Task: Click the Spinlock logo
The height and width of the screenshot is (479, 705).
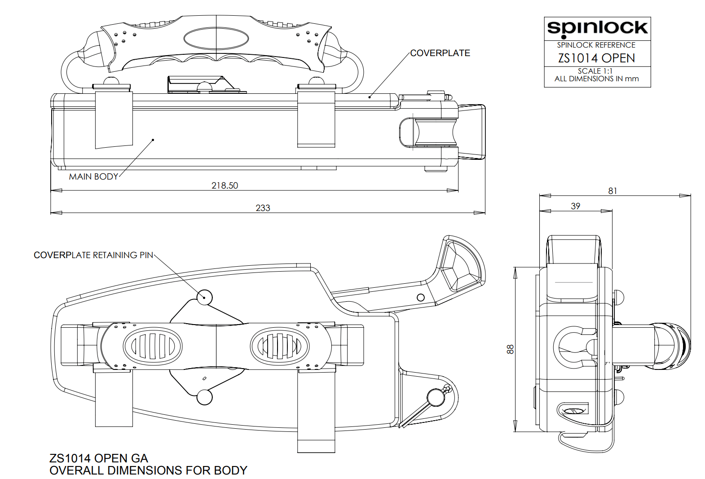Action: [x=597, y=28]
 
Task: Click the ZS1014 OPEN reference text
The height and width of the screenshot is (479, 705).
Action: [x=596, y=58]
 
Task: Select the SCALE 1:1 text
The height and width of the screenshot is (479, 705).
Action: [x=595, y=71]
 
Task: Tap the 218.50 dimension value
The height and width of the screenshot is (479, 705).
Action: [x=225, y=185]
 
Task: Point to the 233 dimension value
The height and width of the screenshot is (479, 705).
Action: [x=263, y=208]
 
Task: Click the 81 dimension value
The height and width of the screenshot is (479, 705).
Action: [x=612, y=191]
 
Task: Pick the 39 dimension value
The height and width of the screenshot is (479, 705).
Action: [x=575, y=206]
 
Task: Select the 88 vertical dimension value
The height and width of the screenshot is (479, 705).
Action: [x=510, y=349]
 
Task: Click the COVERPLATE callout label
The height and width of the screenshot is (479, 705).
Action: [x=440, y=53]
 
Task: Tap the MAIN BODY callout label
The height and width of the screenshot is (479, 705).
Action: [x=93, y=176]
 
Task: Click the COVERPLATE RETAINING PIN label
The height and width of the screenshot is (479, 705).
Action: [x=93, y=255]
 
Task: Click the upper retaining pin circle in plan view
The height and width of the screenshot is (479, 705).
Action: [x=205, y=297]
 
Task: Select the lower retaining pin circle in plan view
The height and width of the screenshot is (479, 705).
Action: [x=205, y=397]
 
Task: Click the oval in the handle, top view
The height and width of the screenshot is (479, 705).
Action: [x=216, y=38]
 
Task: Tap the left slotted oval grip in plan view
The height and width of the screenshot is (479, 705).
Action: [x=153, y=346]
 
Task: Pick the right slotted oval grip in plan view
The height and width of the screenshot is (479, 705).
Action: [x=280, y=346]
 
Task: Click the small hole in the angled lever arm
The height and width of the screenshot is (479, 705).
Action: [x=420, y=297]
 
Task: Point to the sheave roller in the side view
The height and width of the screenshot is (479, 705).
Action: [x=435, y=132]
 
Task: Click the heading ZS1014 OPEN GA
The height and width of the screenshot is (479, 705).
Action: [x=99, y=458]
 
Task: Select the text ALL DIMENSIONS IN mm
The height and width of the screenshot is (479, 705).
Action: [x=596, y=79]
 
